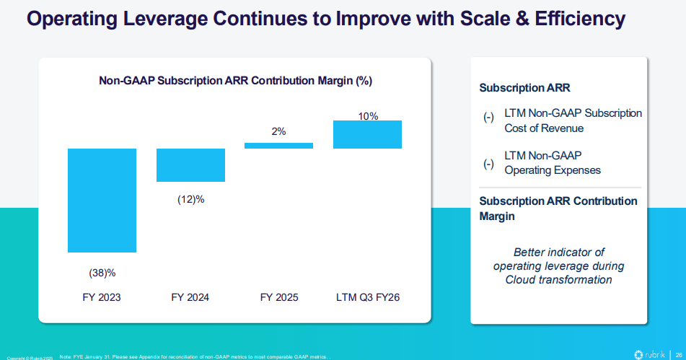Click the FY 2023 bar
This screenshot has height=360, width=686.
(x=102, y=200)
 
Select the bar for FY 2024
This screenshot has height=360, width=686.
(x=190, y=164)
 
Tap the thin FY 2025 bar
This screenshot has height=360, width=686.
(x=278, y=145)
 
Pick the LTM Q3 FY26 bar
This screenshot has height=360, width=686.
(x=367, y=134)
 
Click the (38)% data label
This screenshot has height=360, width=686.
(x=102, y=273)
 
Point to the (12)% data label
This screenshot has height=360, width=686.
(x=190, y=199)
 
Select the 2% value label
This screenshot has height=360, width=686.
(x=278, y=131)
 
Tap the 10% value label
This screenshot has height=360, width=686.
(x=368, y=115)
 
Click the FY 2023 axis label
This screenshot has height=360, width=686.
(x=102, y=297)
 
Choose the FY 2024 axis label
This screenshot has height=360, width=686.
(x=190, y=297)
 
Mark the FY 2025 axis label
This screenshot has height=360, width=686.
(x=278, y=297)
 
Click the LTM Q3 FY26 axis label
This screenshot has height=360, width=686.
(x=367, y=297)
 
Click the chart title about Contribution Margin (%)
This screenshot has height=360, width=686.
(x=235, y=81)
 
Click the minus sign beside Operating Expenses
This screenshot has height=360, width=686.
(x=488, y=163)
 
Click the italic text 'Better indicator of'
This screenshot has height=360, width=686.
(x=558, y=253)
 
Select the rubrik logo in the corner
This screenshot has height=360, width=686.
(x=649, y=354)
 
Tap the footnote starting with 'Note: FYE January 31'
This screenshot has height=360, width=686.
(x=195, y=356)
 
